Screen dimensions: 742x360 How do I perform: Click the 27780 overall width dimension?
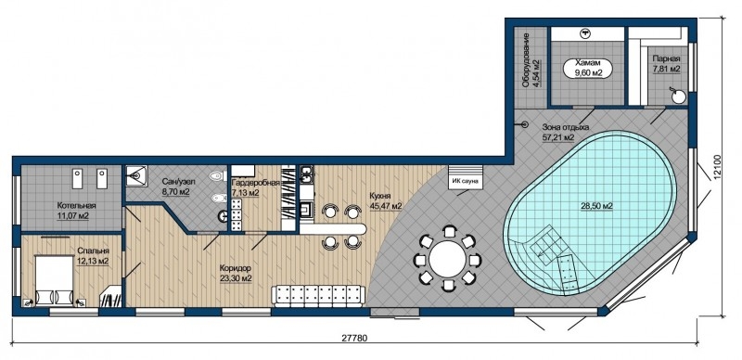pyautogui.click(x=354, y=339)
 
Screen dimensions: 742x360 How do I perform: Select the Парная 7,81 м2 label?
pyautogui.click(x=666, y=64)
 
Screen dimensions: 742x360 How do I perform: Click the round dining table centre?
pyautogui.click(x=448, y=259)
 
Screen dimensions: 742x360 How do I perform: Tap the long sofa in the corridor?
pyautogui.click(x=318, y=296)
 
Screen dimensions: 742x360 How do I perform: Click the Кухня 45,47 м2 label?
pyautogui.click(x=386, y=200)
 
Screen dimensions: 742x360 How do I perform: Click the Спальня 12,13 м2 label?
pyautogui.click(x=94, y=256)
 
